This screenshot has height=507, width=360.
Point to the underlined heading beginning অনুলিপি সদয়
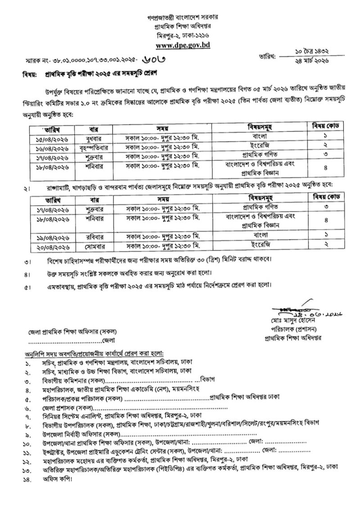95,353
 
